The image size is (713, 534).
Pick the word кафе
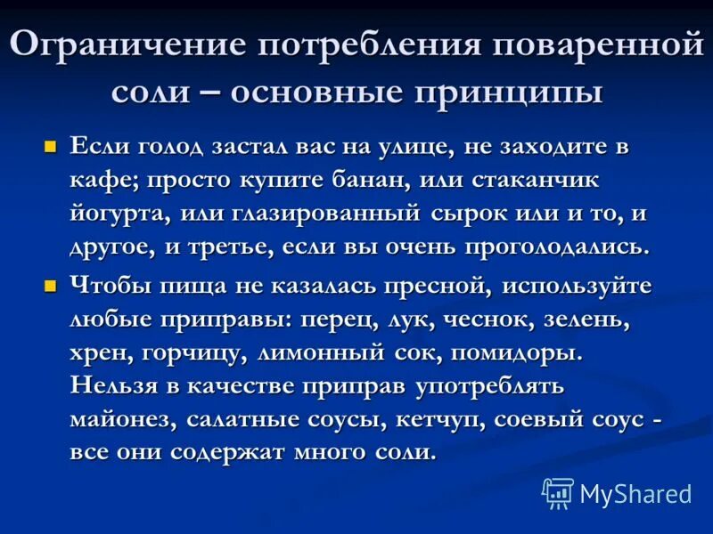(x=99, y=180)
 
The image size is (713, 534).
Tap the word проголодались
(x=553, y=247)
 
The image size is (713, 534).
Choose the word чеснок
(x=474, y=320)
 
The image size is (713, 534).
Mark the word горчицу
(x=193, y=352)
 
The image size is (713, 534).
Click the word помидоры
(x=516, y=352)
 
